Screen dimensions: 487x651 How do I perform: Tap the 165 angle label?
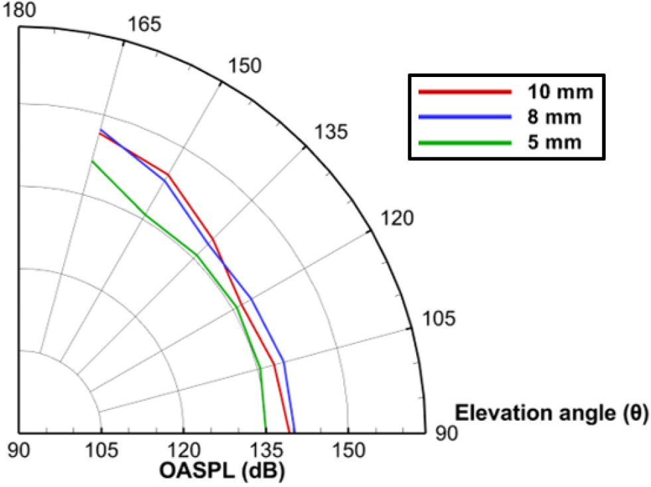pos(143,26)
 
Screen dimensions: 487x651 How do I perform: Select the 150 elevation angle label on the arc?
pos(245,66)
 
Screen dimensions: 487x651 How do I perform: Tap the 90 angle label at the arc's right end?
pos(447,433)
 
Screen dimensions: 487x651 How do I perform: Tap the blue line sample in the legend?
pos(465,117)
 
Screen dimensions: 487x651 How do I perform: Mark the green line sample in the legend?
pos(465,142)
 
